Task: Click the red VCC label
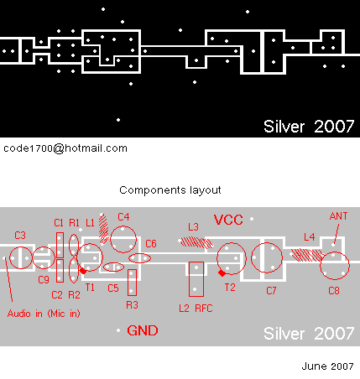pos(228,220)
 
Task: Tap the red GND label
pos(143,330)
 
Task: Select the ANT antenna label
pos(338,216)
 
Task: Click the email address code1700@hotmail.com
pos(65,148)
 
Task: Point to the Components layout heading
pos(170,190)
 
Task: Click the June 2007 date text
pos(327,366)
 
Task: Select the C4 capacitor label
pos(123,217)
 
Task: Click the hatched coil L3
pos(196,242)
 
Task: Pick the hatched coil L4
pos(307,255)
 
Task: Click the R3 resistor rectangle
pos(132,283)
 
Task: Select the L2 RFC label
pos(196,309)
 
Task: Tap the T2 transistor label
pos(230,288)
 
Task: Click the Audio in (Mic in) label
pos(44,314)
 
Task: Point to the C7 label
pos(271,291)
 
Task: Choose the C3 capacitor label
pos(20,236)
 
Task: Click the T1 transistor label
pos(90,288)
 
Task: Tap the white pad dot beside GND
pos(118,330)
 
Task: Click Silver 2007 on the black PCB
pos(309,127)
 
